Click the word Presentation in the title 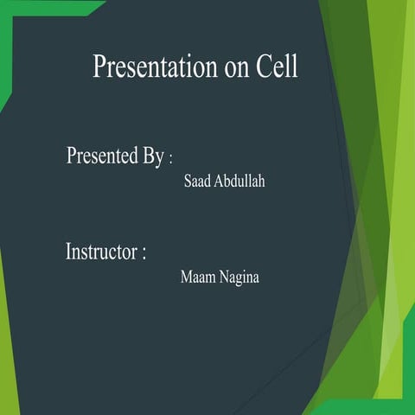[156, 67]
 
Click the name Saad [197, 183]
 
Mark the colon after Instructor [144, 255]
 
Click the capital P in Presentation [99, 67]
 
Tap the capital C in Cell [264, 67]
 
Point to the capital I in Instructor [69, 252]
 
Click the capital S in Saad [188, 183]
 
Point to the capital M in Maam [186, 278]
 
